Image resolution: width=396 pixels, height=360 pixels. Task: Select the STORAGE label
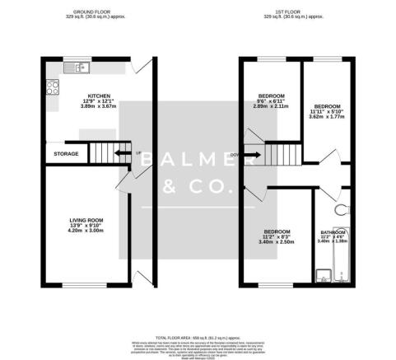click(x=66, y=153)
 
